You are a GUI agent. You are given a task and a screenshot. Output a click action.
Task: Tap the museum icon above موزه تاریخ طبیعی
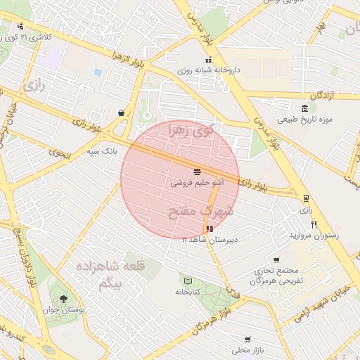click(304, 109)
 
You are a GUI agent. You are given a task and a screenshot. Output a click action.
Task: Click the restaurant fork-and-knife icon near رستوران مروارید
click(314, 225)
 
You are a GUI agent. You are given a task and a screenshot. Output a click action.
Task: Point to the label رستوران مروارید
click(314, 236)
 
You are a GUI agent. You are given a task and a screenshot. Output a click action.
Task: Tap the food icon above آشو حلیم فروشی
click(197, 171)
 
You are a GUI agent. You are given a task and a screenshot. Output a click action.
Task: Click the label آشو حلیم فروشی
click(198, 181)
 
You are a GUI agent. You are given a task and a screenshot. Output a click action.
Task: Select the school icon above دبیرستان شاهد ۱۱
click(209, 229)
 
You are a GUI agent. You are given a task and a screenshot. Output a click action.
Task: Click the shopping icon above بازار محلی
click(247, 339)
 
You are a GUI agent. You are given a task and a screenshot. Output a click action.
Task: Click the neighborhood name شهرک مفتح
click(206, 210)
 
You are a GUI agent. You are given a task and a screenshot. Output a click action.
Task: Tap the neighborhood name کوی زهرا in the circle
click(190, 131)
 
